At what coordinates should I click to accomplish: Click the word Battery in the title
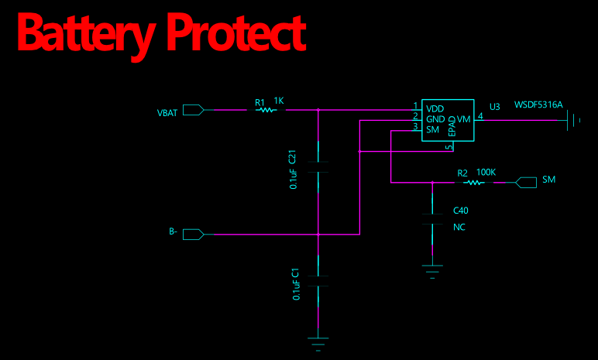coord(87,35)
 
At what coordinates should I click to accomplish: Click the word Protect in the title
coord(236,33)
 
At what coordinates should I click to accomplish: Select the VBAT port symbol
coord(194,110)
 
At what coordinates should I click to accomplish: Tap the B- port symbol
coord(194,234)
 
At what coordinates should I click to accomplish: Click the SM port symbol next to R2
coord(526,182)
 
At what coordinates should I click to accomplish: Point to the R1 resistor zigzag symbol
coord(266,110)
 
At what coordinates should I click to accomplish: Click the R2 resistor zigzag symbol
coord(474,182)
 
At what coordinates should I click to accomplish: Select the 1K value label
coord(279,101)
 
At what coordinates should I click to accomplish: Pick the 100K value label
coord(486,173)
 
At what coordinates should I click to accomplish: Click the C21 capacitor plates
coord(318,167)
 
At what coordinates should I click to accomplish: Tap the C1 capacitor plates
coord(318,281)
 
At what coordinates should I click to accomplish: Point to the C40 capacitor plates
coord(432,219)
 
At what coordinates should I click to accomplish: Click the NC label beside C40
coord(459,228)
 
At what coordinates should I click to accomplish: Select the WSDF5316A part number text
coord(538,105)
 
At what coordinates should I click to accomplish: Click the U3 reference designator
coord(495,107)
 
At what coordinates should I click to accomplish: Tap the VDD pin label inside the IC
coord(435,108)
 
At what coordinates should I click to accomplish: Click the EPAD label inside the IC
coord(452,126)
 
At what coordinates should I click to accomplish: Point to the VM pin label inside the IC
coord(463,119)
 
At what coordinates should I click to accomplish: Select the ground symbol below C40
coord(432,272)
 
